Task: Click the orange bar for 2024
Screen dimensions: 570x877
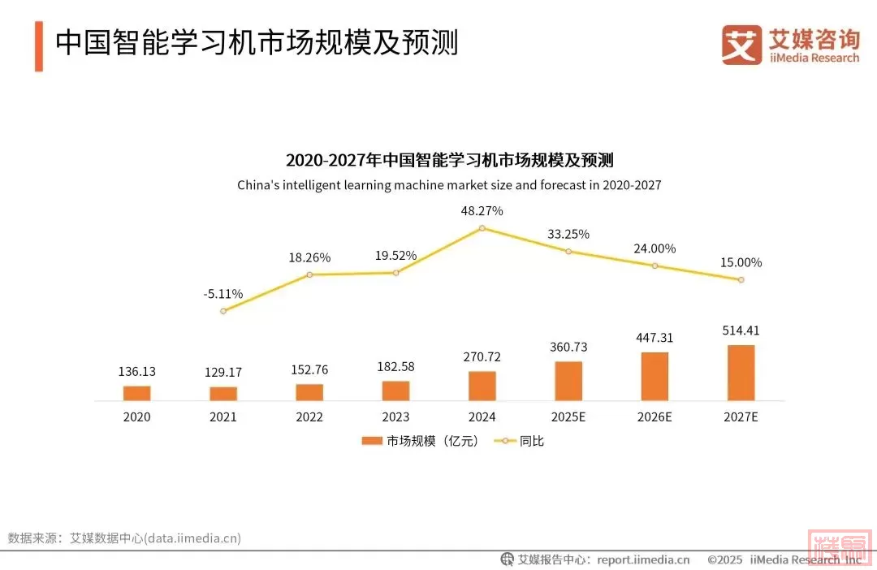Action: (482, 386)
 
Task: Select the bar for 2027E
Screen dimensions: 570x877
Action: (741, 373)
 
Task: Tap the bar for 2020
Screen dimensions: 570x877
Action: (136, 393)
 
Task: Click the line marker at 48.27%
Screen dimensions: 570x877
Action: (482, 228)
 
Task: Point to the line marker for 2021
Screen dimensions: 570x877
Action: (223, 311)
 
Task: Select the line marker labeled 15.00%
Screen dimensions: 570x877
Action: (741, 280)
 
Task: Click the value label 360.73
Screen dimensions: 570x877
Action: (568, 347)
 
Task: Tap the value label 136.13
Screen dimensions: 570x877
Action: (136, 371)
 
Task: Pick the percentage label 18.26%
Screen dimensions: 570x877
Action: (309, 257)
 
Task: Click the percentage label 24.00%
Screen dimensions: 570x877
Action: (655, 248)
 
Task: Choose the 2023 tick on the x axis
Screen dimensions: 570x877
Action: (395, 417)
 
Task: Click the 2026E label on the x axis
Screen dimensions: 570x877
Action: (655, 417)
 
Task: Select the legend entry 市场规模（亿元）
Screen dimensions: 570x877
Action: (420, 441)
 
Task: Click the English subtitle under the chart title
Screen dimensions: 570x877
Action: (449, 185)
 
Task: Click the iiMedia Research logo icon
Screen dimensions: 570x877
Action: (741, 45)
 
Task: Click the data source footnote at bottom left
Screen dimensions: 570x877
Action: (124, 538)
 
